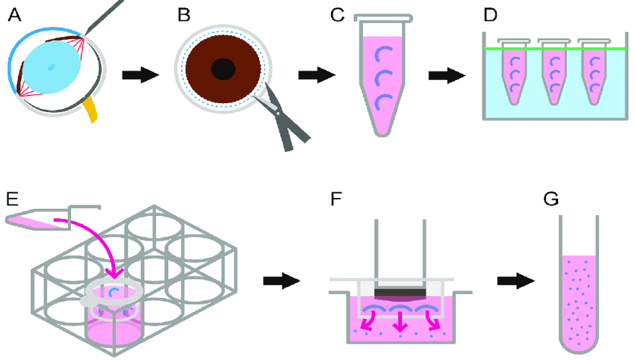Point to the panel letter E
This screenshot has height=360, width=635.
pyautogui.click(x=12, y=198)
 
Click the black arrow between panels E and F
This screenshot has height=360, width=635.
pyautogui.click(x=282, y=280)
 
